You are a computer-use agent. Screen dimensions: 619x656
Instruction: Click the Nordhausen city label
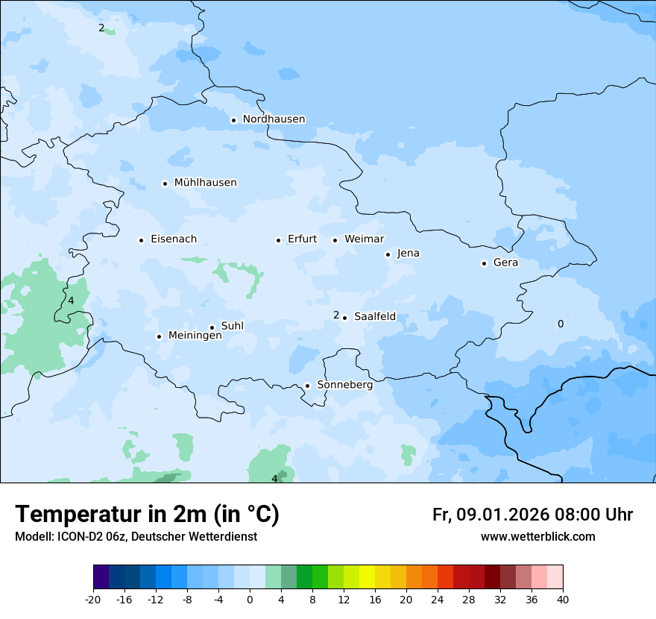coord(274,119)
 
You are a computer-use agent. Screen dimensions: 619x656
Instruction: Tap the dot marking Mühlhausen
coord(165,183)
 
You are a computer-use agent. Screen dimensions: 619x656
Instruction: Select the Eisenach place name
coord(174,239)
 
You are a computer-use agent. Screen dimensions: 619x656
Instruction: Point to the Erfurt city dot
coord(278,240)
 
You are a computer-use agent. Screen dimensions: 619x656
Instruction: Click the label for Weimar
coord(364,239)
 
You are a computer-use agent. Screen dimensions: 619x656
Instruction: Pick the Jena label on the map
coord(408,254)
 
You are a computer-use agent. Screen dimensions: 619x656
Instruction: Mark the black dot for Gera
coord(484,263)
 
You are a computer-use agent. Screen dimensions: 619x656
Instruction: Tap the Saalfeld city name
coord(375,317)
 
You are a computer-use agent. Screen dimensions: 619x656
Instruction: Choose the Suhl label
coord(232,326)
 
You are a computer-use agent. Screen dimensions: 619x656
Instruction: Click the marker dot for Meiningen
coord(159,336)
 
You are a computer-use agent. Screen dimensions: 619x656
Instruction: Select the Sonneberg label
coord(344,385)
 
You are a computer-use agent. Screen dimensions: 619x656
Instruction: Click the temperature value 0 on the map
coord(561,324)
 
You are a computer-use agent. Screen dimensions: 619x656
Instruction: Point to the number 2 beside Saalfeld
coord(336,315)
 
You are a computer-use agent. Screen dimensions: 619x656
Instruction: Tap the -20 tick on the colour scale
coord(93,599)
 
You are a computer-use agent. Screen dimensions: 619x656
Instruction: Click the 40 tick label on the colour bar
coord(563,599)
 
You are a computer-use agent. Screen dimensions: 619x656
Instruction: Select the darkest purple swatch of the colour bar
coord(101,577)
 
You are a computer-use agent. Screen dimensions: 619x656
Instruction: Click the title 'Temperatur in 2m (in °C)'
coord(147,514)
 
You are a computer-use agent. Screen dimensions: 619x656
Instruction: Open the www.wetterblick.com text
coord(537,537)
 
